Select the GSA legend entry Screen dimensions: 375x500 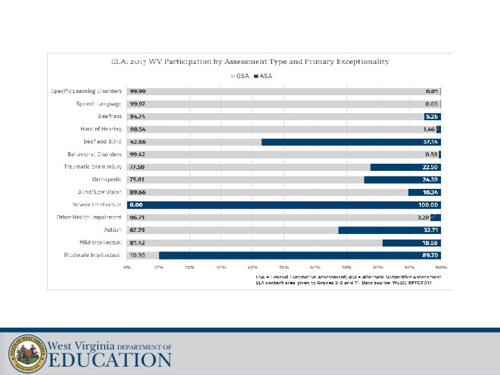240,76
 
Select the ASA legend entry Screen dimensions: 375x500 263,76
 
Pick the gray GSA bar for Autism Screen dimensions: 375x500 233,230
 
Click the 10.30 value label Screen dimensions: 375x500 137,256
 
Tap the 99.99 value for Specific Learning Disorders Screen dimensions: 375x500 137,91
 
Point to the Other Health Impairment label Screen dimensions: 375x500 89,217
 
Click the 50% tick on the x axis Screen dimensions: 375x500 284,267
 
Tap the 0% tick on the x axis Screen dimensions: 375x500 127,267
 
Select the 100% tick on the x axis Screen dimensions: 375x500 440,267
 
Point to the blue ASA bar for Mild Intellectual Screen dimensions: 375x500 411,242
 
